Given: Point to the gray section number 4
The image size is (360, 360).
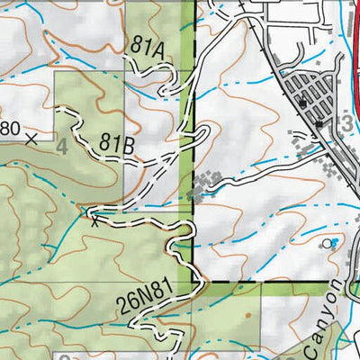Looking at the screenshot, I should click(x=61, y=145).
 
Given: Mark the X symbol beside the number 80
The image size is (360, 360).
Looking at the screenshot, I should click(x=32, y=139).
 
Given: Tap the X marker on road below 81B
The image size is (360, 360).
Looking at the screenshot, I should click(x=94, y=220).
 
